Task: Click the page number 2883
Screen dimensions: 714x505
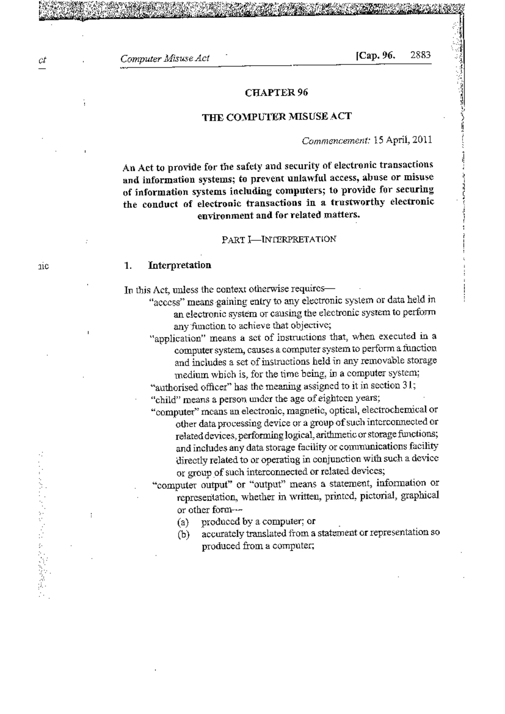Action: (x=420, y=55)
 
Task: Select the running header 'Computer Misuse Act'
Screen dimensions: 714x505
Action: (x=165, y=59)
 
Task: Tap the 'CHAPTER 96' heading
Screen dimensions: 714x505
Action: (x=276, y=93)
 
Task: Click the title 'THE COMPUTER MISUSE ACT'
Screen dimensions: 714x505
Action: (x=276, y=116)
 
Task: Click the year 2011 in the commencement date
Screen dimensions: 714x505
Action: (x=422, y=140)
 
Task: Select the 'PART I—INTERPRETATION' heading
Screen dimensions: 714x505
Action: (x=279, y=240)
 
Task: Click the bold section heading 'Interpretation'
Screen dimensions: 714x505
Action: (x=180, y=265)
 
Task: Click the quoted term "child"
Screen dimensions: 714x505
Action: (x=163, y=399)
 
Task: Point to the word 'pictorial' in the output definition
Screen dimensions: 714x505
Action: (x=380, y=496)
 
